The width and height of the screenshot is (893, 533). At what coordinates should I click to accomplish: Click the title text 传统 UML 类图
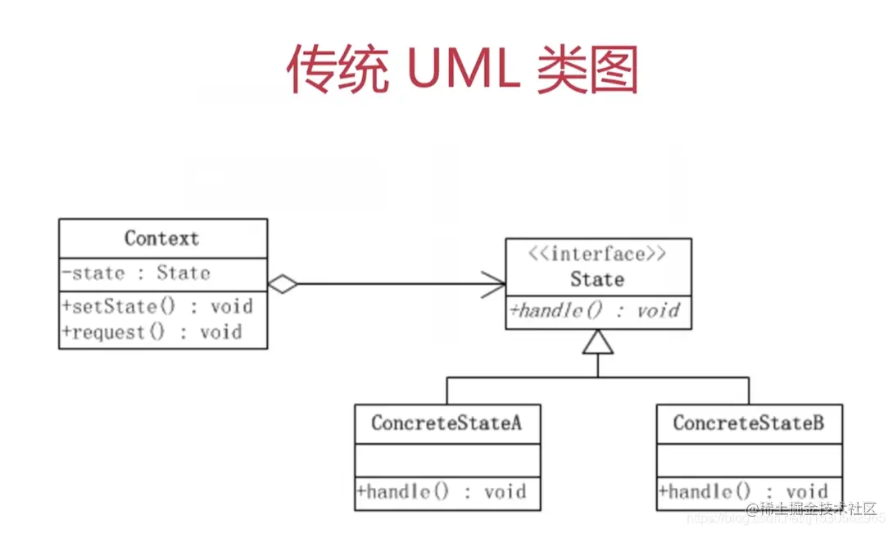coord(461,70)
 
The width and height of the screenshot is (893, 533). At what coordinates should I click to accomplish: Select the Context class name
coord(162,238)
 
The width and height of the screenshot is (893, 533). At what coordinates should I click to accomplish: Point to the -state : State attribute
coord(136,273)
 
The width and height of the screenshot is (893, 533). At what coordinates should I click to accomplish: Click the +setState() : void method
coord(157,307)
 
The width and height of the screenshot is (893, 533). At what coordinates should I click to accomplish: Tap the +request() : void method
coord(152,332)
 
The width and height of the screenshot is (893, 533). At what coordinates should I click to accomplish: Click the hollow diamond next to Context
coord(283,285)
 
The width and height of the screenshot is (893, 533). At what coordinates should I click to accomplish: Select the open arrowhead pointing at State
coord(493,285)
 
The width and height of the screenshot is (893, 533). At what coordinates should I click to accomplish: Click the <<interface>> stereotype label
coord(597,254)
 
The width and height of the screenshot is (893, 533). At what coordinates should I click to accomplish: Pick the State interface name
coord(597,280)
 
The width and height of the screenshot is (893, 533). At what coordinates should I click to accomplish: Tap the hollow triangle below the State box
coord(598,342)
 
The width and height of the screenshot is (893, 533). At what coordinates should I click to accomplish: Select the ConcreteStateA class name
coord(446,423)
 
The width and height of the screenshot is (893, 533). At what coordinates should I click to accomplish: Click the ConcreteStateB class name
coord(749,423)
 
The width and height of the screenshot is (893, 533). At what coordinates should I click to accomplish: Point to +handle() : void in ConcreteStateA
coord(441,492)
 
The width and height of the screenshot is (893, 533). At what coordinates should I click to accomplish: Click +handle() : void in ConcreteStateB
coord(741,491)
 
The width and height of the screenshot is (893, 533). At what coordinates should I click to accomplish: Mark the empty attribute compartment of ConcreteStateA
coord(447,459)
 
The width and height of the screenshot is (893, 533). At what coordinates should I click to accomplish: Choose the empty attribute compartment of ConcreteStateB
coord(749,459)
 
